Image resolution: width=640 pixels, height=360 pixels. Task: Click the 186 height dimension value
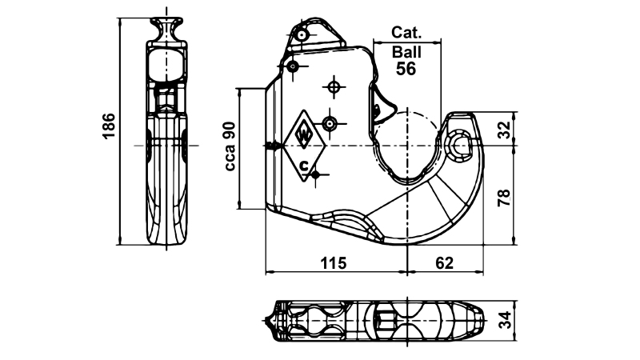pyautogui.click(x=110, y=126)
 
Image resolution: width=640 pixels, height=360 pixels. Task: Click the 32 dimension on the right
pyautogui.click(x=504, y=130)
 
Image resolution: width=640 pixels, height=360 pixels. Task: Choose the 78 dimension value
pyautogui.click(x=504, y=197)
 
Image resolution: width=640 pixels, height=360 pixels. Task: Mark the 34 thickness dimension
pyautogui.click(x=504, y=322)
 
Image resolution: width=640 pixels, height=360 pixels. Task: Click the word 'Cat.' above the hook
pyautogui.click(x=406, y=34)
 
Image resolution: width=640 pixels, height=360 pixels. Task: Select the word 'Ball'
pyautogui.click(x=406, y=52)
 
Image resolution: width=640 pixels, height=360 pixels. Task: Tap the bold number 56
pyautogui.click(x=406, y=69)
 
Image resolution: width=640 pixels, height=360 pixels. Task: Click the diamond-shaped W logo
pyautogui.click(x=304, y=135)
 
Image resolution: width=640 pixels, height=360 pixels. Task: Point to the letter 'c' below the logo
pyautogui.click(x=304, y=166)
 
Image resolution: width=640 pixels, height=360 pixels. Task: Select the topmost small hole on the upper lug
pyautogui.click(x=301, y=36)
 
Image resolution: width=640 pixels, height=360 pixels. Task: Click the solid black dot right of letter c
pyautogui.click(x=317, y=174)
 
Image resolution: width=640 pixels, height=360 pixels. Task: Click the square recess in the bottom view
pyautogui.click(x=383, y=322)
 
